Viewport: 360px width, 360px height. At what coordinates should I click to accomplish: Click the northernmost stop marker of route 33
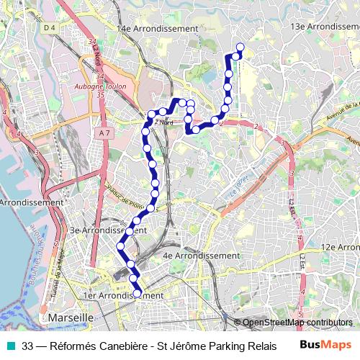click(240, 48)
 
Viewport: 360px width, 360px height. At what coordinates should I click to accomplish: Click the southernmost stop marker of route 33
click(137, 294)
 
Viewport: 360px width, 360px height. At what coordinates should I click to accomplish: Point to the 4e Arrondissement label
click(201, 256)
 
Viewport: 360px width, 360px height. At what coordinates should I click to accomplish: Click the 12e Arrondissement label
click(340, 247)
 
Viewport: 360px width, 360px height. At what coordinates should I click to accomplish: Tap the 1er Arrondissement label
click(123, 295)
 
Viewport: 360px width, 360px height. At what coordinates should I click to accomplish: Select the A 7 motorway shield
click(106, 132)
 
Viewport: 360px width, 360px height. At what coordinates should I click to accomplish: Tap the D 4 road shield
click(49, 27)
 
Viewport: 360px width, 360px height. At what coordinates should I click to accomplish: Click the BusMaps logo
click(325, 345)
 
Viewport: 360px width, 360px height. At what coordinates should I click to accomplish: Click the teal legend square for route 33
click(9, 345)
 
